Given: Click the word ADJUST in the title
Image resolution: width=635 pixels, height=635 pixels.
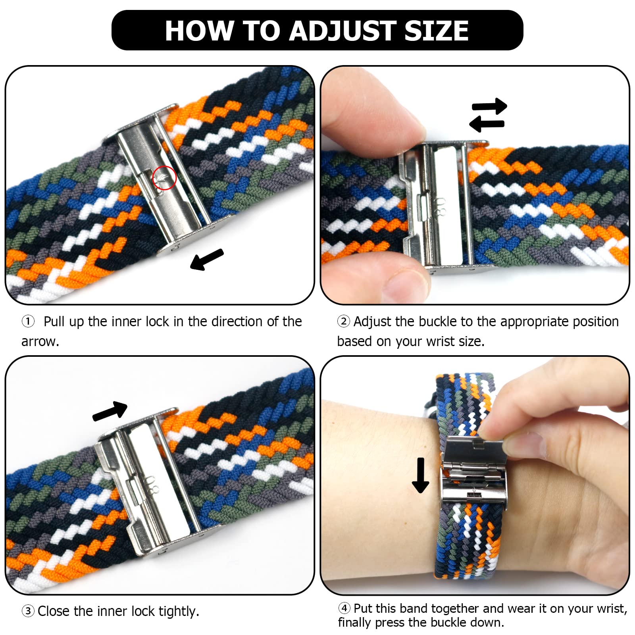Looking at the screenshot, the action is [x=343, y=31].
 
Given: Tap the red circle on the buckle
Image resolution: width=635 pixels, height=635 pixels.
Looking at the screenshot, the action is [x=164, y=178].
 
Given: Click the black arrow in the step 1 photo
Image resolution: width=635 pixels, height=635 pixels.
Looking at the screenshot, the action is [x=207, y=259].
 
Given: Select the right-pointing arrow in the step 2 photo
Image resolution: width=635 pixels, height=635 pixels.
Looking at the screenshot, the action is [x=489, y=106].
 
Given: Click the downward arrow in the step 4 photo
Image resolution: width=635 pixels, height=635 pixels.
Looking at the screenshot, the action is [x=420, y=475].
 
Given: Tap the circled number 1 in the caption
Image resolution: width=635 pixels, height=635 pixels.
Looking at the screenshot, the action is [x=28, y=321].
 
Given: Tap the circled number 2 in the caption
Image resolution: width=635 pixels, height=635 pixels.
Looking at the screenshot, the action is [x=343, y=321].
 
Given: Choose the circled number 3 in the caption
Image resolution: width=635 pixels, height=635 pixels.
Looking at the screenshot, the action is [x=28, y=611].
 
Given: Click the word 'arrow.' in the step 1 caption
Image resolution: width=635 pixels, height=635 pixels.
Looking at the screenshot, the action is [x=40, y=341].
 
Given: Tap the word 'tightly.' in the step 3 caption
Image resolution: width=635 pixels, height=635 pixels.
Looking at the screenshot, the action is [x=179, y=611].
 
